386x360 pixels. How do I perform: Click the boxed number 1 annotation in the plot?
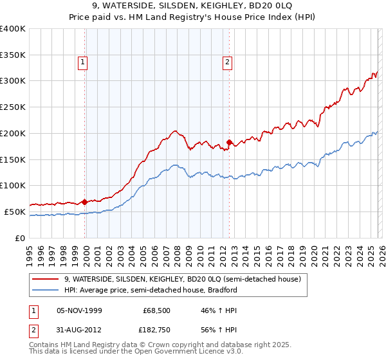83,62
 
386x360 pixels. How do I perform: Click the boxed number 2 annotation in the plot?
227,62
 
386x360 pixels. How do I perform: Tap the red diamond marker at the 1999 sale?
85,202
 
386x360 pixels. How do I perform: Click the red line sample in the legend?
46,280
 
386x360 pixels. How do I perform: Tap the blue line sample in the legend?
46,290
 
